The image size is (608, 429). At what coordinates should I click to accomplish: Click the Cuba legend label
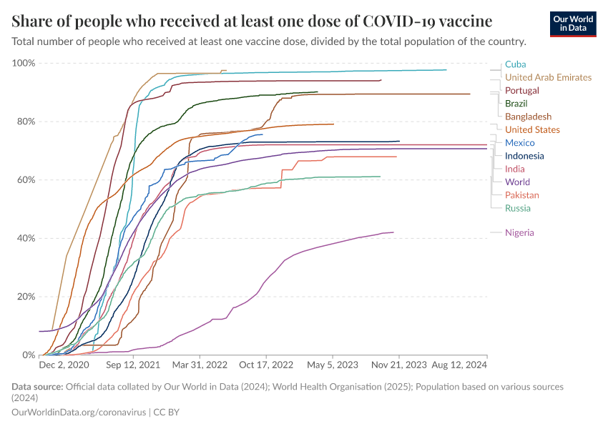click(x=515, y=64)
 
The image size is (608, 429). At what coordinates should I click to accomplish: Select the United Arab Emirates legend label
click(x=548, y=77)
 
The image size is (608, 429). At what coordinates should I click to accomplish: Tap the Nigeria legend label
click(x=519, y=232)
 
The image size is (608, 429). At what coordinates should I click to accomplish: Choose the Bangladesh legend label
click(x=528, y=117)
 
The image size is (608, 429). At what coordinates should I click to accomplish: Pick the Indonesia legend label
click(x=524, y=156)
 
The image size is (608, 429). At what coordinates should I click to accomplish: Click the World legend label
click(x=517, y=182)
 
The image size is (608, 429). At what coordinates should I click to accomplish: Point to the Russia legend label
click(x=518, y=208)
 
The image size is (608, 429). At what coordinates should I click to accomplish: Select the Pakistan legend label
click(x=522, y=195)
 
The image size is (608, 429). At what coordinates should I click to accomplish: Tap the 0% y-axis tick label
click(x=29, y=355)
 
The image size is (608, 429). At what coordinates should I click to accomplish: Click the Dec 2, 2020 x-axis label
click(x=64, y=365)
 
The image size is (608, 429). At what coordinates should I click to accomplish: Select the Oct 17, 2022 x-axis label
click(x=267, y=365)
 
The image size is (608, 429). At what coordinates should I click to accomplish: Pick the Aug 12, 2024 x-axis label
click(x=458, y=365)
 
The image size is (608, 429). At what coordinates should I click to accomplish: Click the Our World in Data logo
click(x=572, y=24)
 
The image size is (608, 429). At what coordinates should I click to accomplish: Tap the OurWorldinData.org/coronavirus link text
click(x=79, y=413)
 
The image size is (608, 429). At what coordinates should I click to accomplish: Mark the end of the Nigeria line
click(x=393, y=232)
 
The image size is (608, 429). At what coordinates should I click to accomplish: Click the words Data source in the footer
click(x=36, y=387)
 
